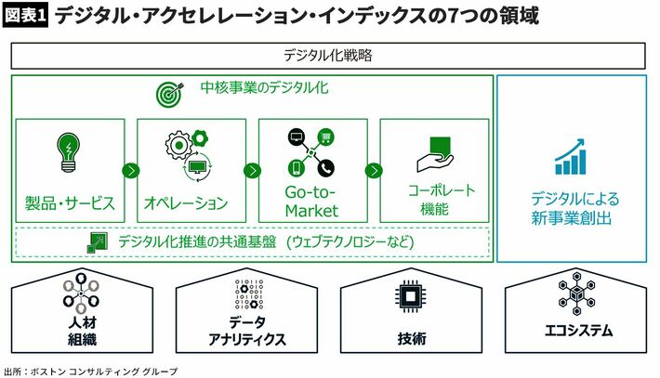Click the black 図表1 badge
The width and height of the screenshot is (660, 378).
click(x=25, y=16)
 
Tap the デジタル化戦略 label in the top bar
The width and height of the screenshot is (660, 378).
click(x=327, y=55)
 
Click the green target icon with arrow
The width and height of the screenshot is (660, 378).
click(x=170, y=94)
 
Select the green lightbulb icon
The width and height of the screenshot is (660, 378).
click(x=68, y=152)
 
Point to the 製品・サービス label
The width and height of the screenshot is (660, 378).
click(x=70, y=203)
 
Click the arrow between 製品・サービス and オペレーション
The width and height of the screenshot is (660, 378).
click(x=131, y=171)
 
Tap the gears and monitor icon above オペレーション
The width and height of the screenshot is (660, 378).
click(x=188, y=156)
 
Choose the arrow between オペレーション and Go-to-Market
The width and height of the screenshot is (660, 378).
click(x=252, y=171)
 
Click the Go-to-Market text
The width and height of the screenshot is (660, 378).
click(x=311, y=202)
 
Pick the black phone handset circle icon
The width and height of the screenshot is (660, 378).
click(x=325, y=168)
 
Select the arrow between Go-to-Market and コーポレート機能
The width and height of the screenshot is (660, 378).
click(x=374, y=171)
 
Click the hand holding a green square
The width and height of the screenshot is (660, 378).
click(x=436, y=154)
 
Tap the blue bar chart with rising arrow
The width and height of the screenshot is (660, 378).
click(x=571, y=156)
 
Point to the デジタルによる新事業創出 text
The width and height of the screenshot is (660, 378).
click(x=574, y=208)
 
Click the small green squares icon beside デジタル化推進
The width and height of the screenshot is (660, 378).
click(x=97, y=243)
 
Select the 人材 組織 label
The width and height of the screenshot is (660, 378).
click(x=83, y=331)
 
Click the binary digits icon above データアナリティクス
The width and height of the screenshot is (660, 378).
click(x=249, y=293)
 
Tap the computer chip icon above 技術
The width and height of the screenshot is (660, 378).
click(x=410, y=297)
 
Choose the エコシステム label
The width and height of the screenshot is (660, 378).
click(x=578, y=331)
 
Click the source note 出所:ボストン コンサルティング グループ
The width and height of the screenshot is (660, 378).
click(x=91, y=371)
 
